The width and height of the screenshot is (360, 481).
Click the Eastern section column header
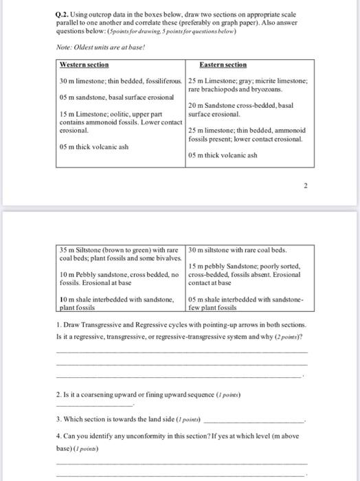click(x=223, y=64)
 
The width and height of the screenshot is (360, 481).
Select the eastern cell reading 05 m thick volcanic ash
click(x=222, y=155)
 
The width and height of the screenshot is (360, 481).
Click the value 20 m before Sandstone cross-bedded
click(x=197, y=104)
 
